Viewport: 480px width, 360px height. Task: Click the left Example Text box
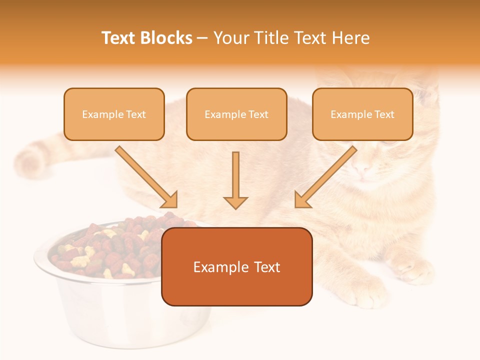[x=114, y=114]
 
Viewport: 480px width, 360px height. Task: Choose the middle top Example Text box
[x=236, y=114]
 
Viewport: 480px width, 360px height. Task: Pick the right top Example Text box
[x=362, y=114]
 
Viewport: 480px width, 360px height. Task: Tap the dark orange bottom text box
[x=236, y=266]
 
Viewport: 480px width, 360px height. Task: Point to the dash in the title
[x=202, y=38]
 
